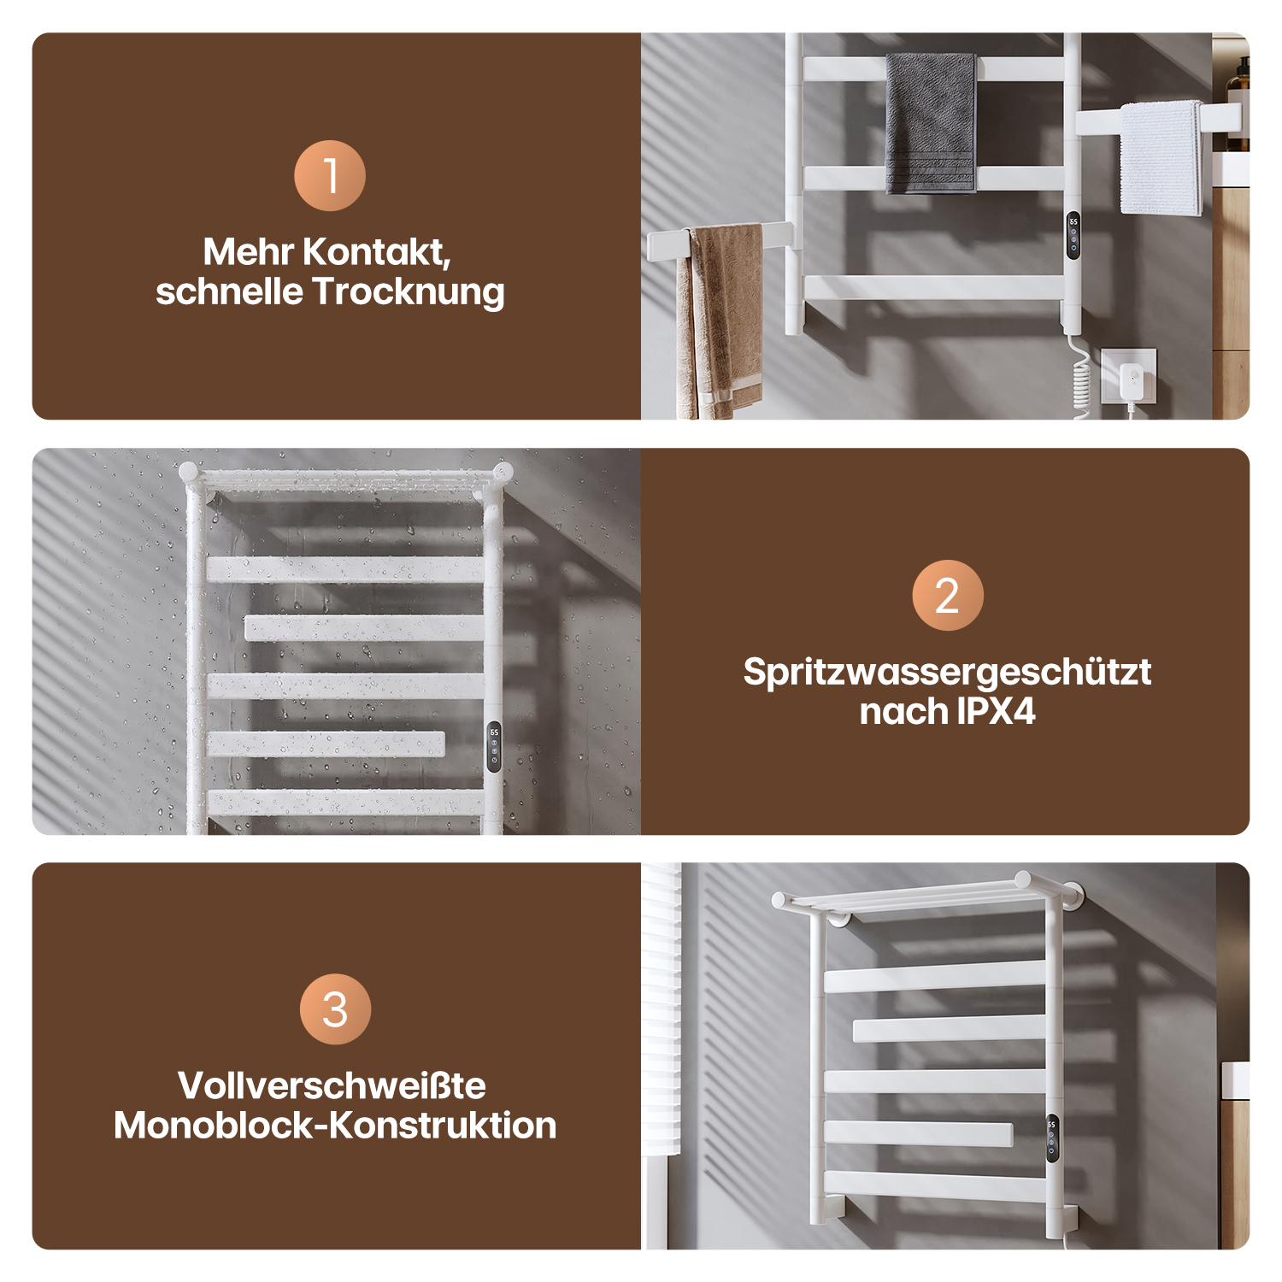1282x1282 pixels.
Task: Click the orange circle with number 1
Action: pos(330,175)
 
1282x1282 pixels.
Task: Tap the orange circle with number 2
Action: pos(948,595)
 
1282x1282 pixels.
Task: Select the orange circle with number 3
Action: pos(335,1009)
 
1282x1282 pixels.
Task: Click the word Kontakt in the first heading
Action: pos(376,252)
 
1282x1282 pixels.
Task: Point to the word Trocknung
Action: pos(409,292)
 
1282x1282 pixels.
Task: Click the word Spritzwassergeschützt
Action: pos(947,673)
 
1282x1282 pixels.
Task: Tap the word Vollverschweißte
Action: pos(332,1086)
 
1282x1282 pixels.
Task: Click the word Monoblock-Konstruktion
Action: pos(335,1126)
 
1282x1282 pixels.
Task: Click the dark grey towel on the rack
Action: pos(931,123)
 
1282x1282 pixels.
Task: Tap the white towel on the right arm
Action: pos(1161,158)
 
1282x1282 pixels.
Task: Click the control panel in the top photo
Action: pos(1073,236)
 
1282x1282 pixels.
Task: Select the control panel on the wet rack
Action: pos(494,747)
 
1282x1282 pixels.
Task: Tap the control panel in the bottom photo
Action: pos(1052,1138)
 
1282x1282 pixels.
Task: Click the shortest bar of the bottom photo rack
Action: pos(919,1134)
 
